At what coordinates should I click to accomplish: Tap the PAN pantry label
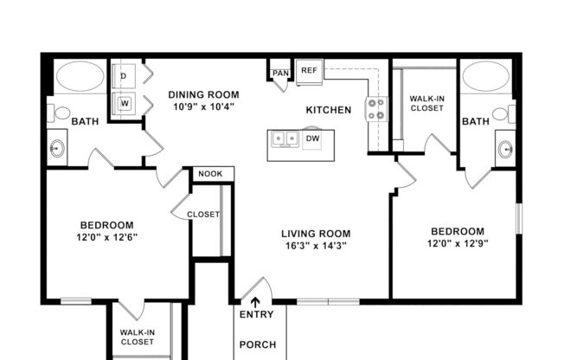click(x=280, y=74)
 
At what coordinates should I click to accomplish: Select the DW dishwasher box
click(x=312, y=138)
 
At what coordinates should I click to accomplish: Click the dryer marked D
click(x=124, y=76)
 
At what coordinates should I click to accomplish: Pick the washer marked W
click(x=124, y=103)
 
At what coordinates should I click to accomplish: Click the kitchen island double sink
click(x=283, y=138)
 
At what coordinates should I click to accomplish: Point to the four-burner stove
click(x=377, y=108)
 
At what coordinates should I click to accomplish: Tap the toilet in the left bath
click(x=60, y=112)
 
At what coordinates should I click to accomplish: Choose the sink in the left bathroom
click(x=58, y=148)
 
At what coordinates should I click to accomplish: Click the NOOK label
click(x=210, y=174)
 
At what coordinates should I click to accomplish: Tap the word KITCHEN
click(x=328, y=110)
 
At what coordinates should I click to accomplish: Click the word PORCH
click(x=257, y=344)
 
